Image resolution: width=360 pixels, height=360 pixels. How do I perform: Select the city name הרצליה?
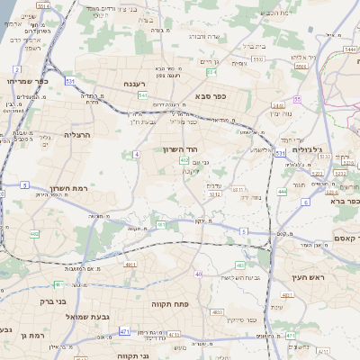coord(77,133)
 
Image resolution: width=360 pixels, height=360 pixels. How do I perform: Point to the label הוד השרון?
coord(179,148)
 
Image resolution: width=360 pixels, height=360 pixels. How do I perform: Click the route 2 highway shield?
coord(17,69)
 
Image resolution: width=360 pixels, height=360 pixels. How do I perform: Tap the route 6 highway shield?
coord(306,202)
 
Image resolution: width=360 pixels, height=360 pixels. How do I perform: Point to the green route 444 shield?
coord(282,191)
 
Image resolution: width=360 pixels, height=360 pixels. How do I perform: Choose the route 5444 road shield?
coord(349,50)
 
